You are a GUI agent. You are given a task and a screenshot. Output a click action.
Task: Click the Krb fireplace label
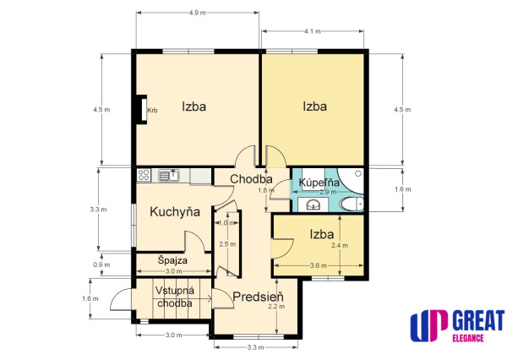coord(152,111)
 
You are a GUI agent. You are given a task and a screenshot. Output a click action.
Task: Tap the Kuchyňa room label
coord(175,212)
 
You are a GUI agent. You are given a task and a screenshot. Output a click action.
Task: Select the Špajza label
coord(172,260)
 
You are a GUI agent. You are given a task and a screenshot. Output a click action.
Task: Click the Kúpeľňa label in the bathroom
coord(319,183)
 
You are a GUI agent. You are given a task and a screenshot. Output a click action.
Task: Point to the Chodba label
coord(251,179)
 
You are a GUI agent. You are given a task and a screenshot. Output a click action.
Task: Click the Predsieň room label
coord(258,297)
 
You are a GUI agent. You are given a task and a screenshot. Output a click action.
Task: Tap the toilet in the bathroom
coord(352,205)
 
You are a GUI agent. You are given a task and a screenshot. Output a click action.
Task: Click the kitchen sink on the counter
coord(169,175)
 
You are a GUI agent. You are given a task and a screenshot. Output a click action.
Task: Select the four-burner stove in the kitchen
coord(144,175)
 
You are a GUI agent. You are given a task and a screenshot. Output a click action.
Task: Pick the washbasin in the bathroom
coord(313,205)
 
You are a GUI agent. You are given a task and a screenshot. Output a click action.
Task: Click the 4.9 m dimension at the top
coord(197,13)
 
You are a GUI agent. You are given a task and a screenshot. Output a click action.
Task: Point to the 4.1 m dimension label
coord(313,31)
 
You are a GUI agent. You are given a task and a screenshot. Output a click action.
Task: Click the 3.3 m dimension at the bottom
coord(255,347)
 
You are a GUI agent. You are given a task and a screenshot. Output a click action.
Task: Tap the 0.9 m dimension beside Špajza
coord(101,265)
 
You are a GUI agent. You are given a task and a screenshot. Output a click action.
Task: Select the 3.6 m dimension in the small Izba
coord(319,265)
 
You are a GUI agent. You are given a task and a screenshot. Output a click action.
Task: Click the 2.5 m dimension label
coord(227,244)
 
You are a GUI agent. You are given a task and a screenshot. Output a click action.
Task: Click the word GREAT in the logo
coord(478,320)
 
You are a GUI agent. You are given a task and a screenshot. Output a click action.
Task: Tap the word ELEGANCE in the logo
coord(468,338)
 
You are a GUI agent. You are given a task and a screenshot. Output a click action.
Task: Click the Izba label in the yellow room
coord(314,106)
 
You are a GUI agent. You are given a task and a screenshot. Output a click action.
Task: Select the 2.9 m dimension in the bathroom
coord(328,192)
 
